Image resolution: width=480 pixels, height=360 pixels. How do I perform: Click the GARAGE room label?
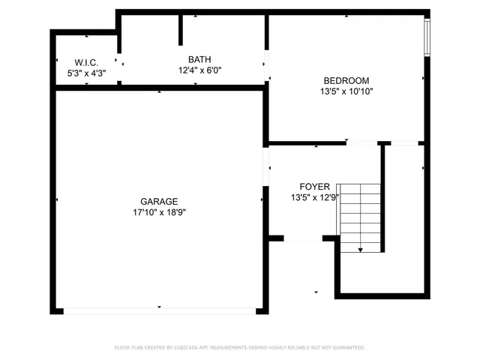click(159, 201)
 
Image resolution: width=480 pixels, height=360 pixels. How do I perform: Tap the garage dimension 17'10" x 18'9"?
click(159, 212)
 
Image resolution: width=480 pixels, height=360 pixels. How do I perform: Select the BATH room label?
click(199, 59)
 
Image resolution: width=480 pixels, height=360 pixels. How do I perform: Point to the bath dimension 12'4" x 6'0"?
click(199, 70)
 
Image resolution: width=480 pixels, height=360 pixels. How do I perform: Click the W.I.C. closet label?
click(86, 62)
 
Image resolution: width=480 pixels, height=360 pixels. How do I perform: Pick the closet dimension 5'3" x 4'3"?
click(86, 73)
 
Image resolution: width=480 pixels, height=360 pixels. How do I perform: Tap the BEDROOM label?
click(346, 80)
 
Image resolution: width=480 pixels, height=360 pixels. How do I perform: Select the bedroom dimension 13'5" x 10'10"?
click(346, 91)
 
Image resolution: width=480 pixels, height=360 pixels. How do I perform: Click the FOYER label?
click(313, 187)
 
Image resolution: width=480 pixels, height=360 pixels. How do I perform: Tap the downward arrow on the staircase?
click(361, 249)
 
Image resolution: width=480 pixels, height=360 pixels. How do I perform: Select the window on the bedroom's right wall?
click(427, 37)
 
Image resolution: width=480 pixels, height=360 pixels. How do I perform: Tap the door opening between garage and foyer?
click(265, 166)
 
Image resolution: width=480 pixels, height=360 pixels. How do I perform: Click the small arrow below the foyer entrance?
click(316, 292)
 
